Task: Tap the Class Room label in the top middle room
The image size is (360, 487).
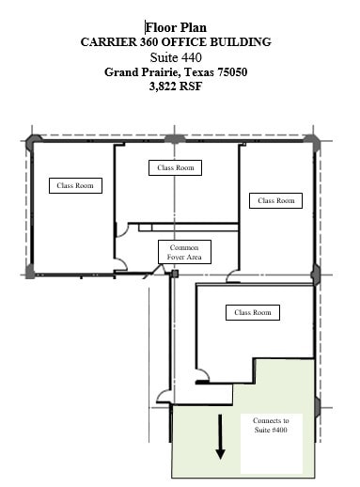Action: click(176, 167)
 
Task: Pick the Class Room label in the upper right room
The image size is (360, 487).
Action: click(275, 200)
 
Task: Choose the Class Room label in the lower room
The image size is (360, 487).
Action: click(251, 312)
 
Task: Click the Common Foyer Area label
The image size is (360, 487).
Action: click(183, 252)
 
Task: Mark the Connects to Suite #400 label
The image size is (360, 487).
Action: click(271, 424)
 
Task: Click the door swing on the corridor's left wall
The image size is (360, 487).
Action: click(164, 395)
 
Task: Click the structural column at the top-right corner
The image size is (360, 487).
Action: click(315, 139)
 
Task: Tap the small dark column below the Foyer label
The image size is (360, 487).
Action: click(174, 274)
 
